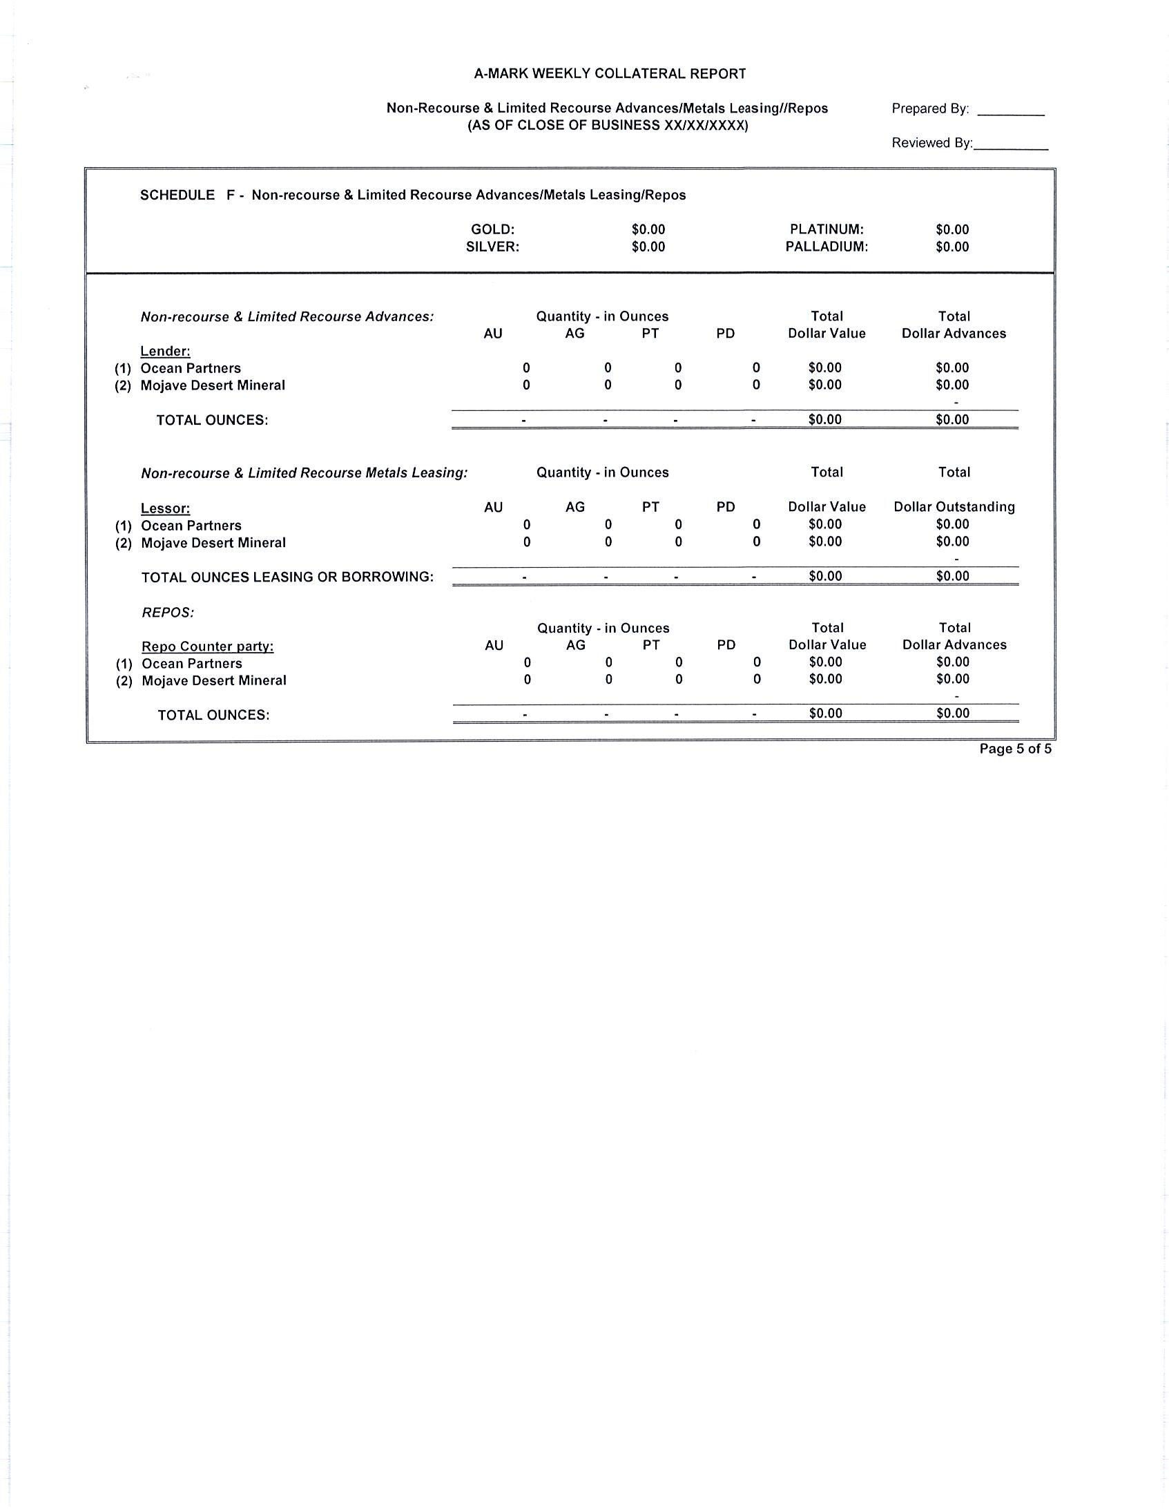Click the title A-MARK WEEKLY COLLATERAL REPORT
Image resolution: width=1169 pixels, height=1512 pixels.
pos(610,73)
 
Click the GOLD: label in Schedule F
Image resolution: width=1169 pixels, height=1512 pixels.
pos(492,229)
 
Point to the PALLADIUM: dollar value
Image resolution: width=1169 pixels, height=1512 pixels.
pos(951,247)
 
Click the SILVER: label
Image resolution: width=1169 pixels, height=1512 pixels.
pos(492,247)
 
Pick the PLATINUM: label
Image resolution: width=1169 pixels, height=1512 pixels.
pos(827,229)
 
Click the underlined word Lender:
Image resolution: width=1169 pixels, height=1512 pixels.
pos(166,352)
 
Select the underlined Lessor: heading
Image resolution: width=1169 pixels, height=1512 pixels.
pos(166,508)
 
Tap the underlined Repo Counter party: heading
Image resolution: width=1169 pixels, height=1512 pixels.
pos(208,647)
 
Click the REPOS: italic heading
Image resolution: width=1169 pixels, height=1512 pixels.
pos(168,613)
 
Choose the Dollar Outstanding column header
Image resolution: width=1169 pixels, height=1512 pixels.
pos(954,507)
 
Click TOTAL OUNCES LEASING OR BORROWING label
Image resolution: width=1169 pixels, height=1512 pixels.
pos(287,577)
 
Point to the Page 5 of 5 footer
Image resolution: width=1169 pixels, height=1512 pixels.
pos(1014,748)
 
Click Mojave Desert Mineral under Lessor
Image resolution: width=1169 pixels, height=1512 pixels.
pos(213,543)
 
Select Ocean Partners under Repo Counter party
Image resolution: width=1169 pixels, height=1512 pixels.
pos(192,663)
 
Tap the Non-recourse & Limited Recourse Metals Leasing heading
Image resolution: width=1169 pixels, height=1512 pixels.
pos(305,473)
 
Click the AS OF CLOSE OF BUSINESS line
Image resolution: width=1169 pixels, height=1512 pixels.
pos(608,126)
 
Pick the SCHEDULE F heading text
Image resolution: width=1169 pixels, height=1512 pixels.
pos(412,195)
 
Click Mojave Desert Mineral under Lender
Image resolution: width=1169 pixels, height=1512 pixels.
pos(213,385)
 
